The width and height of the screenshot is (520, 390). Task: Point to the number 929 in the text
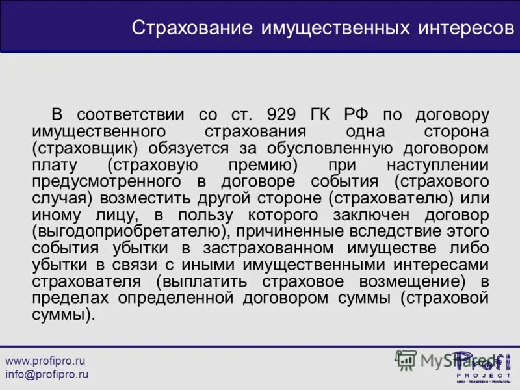coord(283,115)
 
